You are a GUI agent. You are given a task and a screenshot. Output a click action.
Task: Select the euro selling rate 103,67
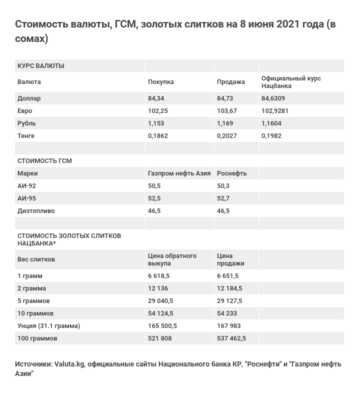[x=226, y=111]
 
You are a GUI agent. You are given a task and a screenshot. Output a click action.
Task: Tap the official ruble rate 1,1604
[x=271, y=123]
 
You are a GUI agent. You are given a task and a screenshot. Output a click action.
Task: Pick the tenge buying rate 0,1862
[x=158, y=136]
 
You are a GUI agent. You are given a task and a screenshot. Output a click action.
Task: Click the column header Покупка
[x=161, y=82]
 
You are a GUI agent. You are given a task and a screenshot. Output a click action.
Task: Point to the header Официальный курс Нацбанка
[x=291, y=82]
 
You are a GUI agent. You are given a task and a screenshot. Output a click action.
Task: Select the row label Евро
[x=25, y=111]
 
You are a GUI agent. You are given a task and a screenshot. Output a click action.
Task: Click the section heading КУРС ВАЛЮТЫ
[x=41, y=66]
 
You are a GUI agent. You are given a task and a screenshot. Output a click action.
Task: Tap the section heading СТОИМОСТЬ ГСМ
[x=44, y=161]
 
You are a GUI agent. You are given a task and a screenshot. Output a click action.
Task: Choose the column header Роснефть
[x=232, y=173]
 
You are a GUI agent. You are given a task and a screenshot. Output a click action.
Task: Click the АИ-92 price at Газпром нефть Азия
[x=154, y=186]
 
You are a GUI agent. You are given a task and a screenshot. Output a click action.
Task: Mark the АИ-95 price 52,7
[x=223, y=198]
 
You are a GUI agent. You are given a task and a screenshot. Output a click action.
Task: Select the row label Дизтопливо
[x=36, y=211]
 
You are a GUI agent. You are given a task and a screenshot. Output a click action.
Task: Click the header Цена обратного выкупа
[x=172, y=259]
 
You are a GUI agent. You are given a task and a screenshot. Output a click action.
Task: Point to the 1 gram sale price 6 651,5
[x=227, y=276]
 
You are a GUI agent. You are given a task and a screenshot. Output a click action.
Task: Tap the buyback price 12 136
[x=158, y=288]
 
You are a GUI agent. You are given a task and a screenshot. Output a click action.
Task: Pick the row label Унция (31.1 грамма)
[x=48, y=326]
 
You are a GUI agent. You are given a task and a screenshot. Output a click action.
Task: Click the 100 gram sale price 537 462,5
[x=231, y=338]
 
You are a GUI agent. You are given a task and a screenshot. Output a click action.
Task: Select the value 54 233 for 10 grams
[x=227, y=313]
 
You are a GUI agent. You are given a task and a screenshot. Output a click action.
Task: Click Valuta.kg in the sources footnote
[x=69, y=364]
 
